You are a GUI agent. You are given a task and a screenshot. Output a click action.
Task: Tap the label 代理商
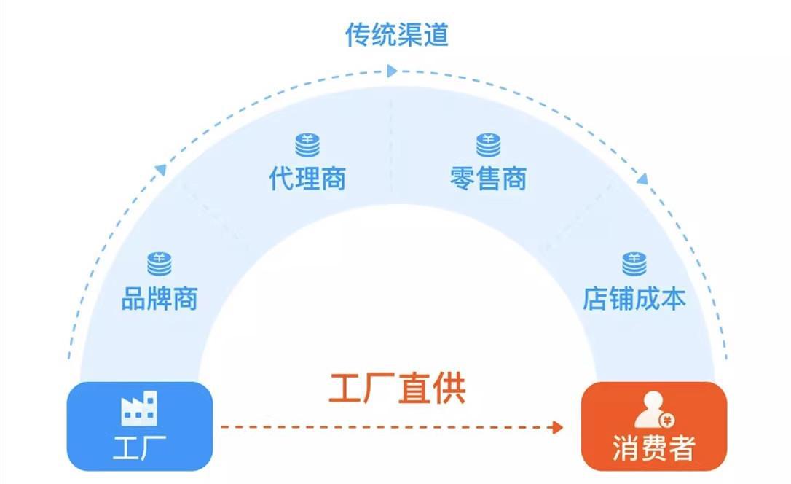click(x=307, y=179)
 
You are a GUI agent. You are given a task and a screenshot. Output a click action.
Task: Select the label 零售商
click(x=488, y=179)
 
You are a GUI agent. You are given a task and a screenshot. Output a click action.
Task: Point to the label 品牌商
click(x=159, y=299)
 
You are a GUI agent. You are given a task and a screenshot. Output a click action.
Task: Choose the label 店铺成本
click(x=634, y=299)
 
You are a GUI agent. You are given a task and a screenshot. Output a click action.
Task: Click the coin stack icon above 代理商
click(x=307, y=144)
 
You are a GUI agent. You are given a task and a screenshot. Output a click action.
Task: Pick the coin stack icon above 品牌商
click(x=159, y=264)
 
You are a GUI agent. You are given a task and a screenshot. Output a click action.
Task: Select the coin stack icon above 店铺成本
click(x=634, y=264)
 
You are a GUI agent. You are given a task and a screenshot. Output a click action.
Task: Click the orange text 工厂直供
click(x=397, y=389)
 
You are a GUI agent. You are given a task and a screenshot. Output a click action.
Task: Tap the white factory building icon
click(x=139, y=409)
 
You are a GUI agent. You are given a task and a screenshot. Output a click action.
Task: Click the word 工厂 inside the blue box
click(x=139, y=447)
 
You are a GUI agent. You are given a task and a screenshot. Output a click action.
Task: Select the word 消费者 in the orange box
click(x=653, y=447)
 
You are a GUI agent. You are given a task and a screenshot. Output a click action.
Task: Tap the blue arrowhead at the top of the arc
click(x=392, y=71)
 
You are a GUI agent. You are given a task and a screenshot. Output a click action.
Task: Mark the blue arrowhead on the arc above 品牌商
click(x=161, y=169)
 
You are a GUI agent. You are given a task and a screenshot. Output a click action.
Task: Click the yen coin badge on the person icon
click(x=666, y=419)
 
